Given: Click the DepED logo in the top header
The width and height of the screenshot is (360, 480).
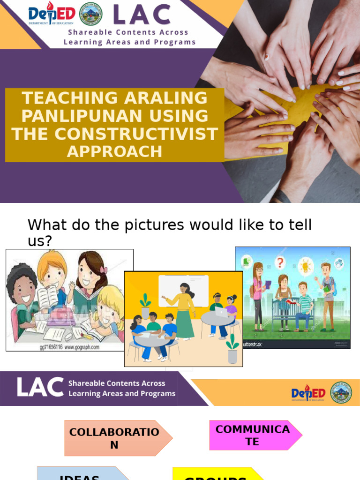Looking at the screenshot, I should tap(52, 14).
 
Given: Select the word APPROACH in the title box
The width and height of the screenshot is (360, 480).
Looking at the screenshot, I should tap(115, 151).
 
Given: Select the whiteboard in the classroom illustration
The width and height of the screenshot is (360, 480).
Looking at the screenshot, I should tap(183, 291).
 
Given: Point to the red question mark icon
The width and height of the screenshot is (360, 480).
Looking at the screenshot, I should tap(280, 262).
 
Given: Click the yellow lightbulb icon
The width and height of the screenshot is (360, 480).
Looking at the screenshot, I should tap(305, 266).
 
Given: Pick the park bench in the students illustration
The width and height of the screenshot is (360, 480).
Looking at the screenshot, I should tap(287, 313).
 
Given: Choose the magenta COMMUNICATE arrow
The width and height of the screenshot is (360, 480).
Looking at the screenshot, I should tap(253, 435).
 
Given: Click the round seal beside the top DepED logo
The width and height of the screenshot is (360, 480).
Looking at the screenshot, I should tap(91, 14).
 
